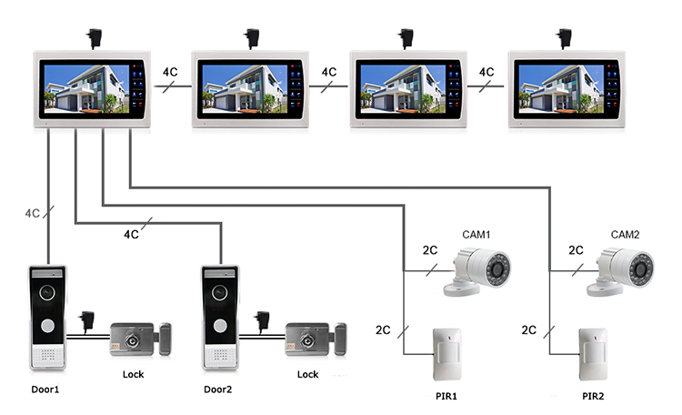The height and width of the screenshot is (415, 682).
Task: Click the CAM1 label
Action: pyautogui.click(x=476, y=235)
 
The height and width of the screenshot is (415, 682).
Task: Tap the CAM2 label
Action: pyautogui.click(x=626, y=235)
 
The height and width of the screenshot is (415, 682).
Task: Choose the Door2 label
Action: pyautogui.click(x=218, y=390)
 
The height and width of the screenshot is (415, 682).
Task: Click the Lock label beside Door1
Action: pyautogui.click(x=132, y=374)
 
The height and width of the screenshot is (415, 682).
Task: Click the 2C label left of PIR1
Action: pyautogui.click(x=383, y=330)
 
